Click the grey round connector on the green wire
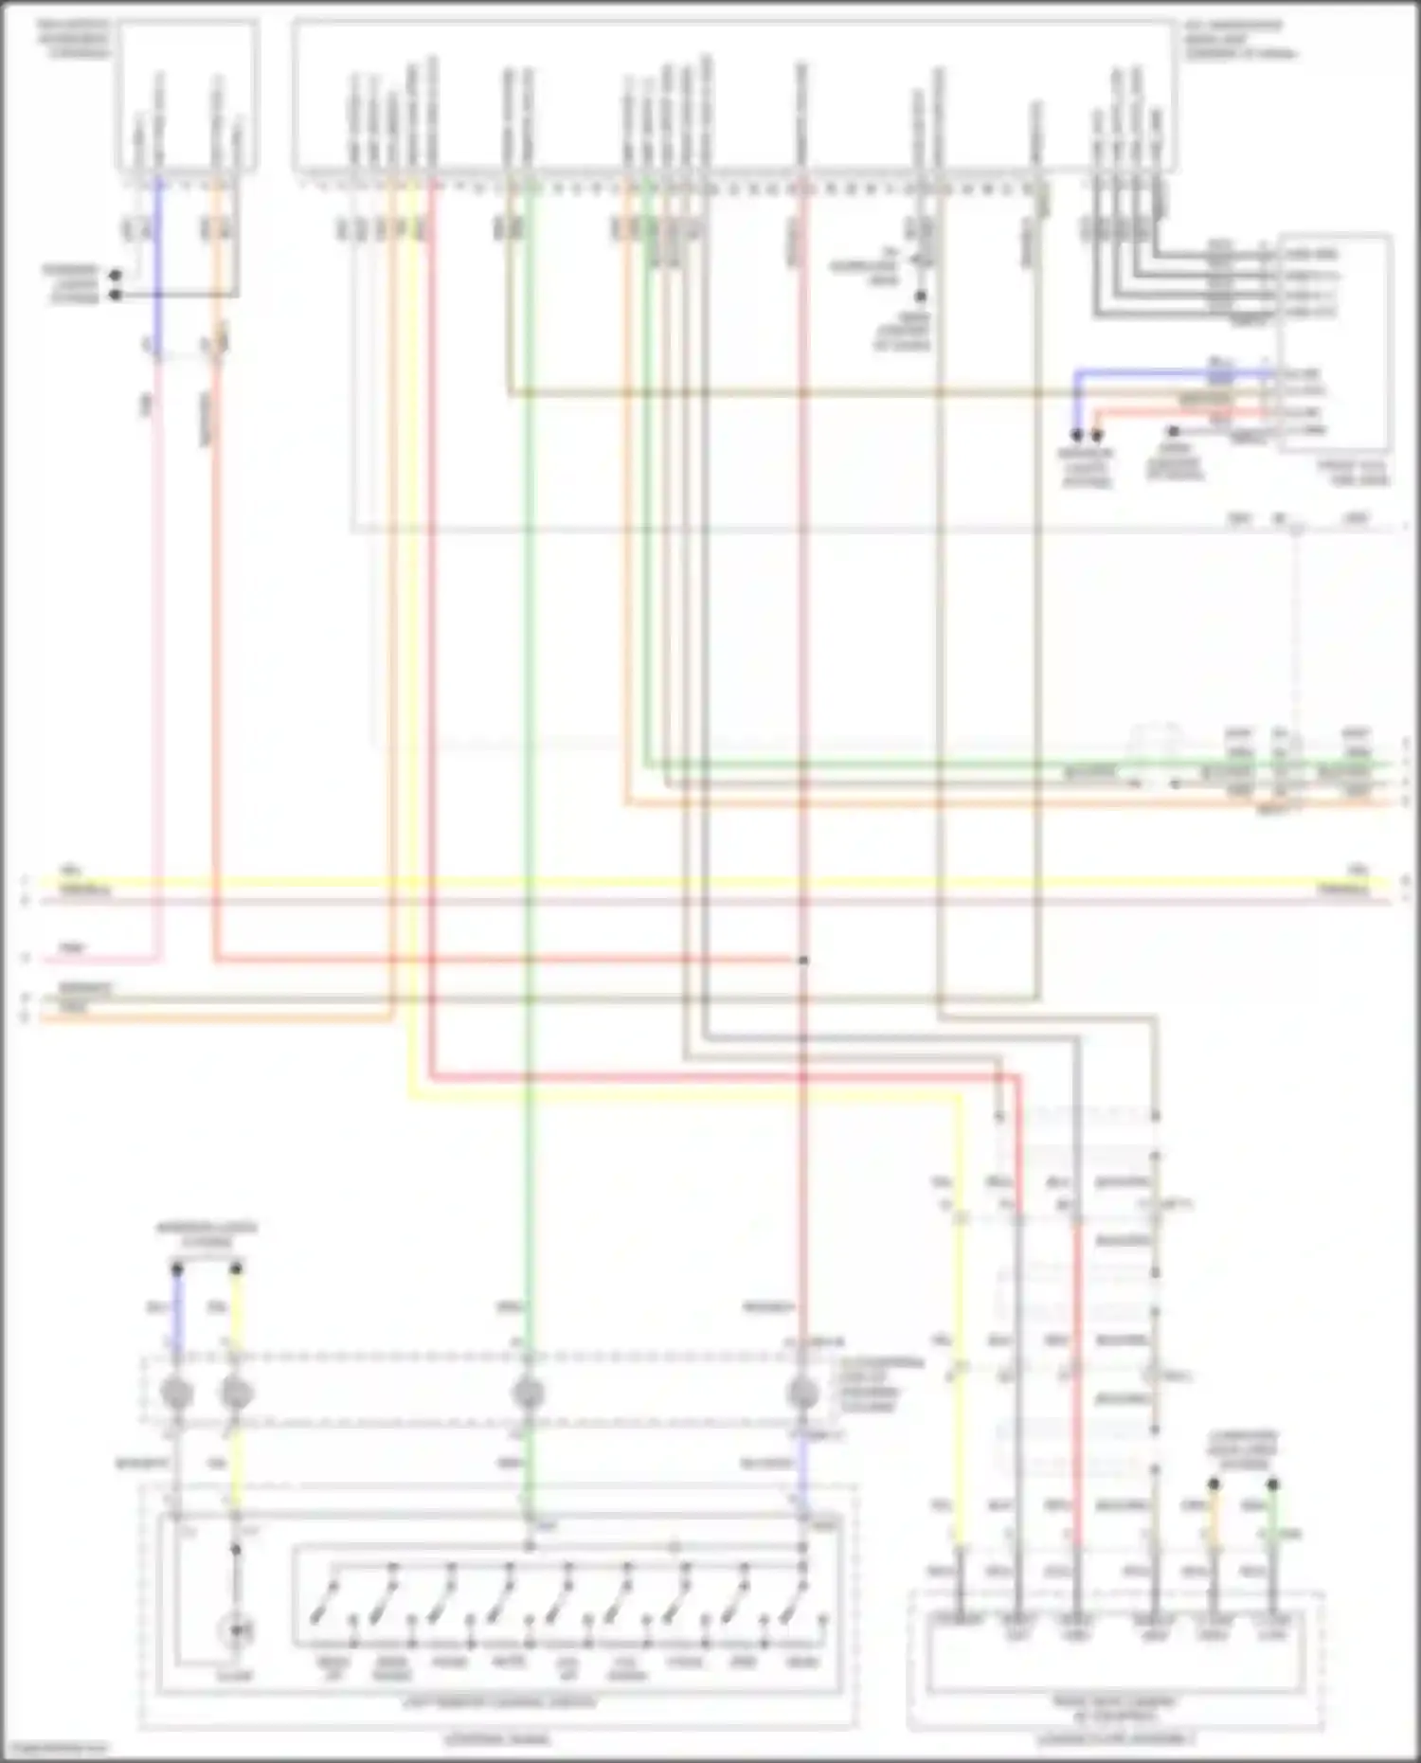[x=528, y=1394]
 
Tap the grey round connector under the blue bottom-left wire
[x=177, y=1394]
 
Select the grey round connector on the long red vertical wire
[x=802, y=1394]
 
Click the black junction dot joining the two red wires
[x=802, y=961]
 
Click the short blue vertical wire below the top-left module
[x=157, y=256]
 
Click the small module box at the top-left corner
[x=187, y=95]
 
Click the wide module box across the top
[x=734, y=95]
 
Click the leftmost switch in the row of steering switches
[x=332, y=1601]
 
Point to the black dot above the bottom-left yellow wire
[x=236, y=1268]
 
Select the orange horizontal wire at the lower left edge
[x=208, y=1019]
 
